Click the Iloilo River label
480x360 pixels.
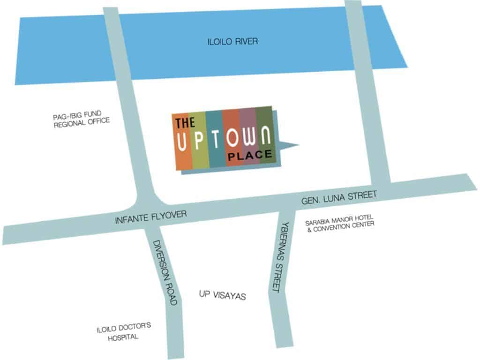coord(232,42)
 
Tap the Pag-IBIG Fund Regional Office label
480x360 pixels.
coord(81,117)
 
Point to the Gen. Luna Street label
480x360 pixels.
coord(339,197)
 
